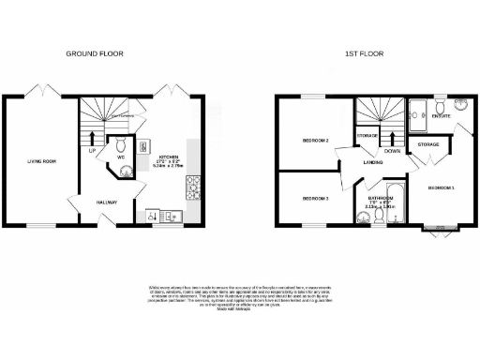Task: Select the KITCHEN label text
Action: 169,157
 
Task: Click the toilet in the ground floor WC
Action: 120,145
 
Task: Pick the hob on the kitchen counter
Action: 190,187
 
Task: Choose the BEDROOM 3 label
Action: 314,198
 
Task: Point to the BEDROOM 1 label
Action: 441,187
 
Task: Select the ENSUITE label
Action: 440,116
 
